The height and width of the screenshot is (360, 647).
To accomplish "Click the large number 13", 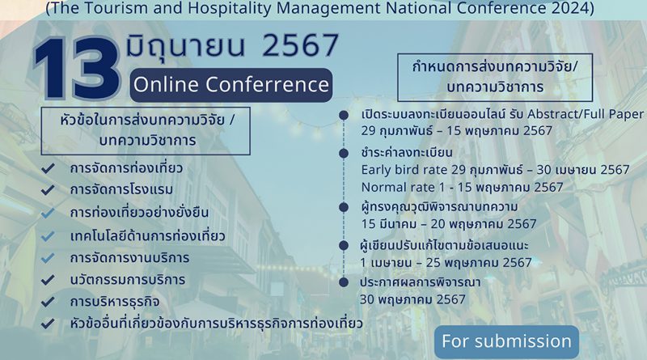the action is (77, 69).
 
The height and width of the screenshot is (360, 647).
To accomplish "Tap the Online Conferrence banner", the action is (231, 85).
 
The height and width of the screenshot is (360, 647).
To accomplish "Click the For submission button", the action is (507, 341).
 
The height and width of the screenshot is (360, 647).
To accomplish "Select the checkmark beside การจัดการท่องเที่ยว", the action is (48, 168).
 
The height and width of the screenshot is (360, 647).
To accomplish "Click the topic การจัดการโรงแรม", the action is (121, 189).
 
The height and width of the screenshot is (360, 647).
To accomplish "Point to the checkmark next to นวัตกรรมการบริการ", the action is (48, 280).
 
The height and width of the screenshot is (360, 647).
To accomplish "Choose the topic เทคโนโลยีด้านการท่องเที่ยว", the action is (147, 235).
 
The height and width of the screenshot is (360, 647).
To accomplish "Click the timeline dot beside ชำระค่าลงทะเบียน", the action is (344, 154).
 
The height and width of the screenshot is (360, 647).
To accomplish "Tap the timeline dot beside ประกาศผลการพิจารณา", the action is (344, 282).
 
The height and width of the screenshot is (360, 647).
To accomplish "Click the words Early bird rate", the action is (404, 170).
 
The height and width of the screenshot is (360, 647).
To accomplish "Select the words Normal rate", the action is (398, 188).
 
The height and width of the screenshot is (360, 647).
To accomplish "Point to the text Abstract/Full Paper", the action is (586, 114).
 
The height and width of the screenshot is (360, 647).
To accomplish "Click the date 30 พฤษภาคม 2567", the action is (412, 299).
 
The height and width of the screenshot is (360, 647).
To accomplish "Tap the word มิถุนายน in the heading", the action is (186, 45).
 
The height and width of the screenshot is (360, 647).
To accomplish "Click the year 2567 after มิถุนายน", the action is (301, 45).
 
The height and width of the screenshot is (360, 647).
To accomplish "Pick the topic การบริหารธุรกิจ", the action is (115, 302).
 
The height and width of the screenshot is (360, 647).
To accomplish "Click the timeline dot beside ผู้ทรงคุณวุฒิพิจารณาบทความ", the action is (344, 207).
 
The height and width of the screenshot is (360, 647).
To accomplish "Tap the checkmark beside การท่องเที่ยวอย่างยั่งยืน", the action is (48, 213).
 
